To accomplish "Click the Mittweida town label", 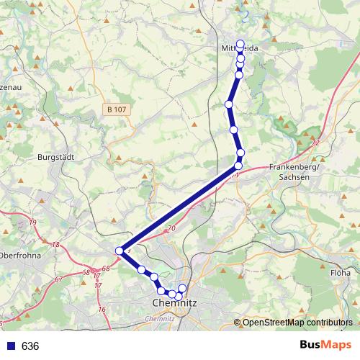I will pyautogui.click(x=238, y=49).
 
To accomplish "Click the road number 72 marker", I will pyautogui.click(x=315, y=143).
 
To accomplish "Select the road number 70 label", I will pyautogui.click(x=171, y=229).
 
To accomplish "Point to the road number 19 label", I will pyautogui.click(x=32, y=223).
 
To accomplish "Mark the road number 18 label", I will pyautogui.click(x=56, y=246).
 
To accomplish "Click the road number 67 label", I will pyautogui.click(x=58, y=278).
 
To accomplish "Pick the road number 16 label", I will pyautogui.click(x=102, y=310).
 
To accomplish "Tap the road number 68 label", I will pyautogui.click(x=106, y=269).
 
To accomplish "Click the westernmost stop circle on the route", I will pyautogui.click(x=120, y=251).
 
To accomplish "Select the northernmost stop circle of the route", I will pyautogui.click(x=240, y=43).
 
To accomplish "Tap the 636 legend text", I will pyautogui.click(x=30, y=346).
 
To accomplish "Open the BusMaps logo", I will pyautogui.click(x=326, y=346).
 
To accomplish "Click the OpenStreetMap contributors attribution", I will pyautogui.click(x=297, y=323).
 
